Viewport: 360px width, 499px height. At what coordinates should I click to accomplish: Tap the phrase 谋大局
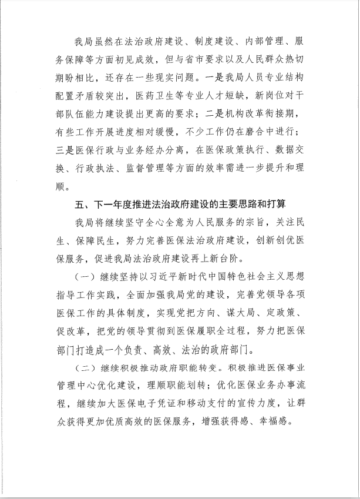tap(234, 312)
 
